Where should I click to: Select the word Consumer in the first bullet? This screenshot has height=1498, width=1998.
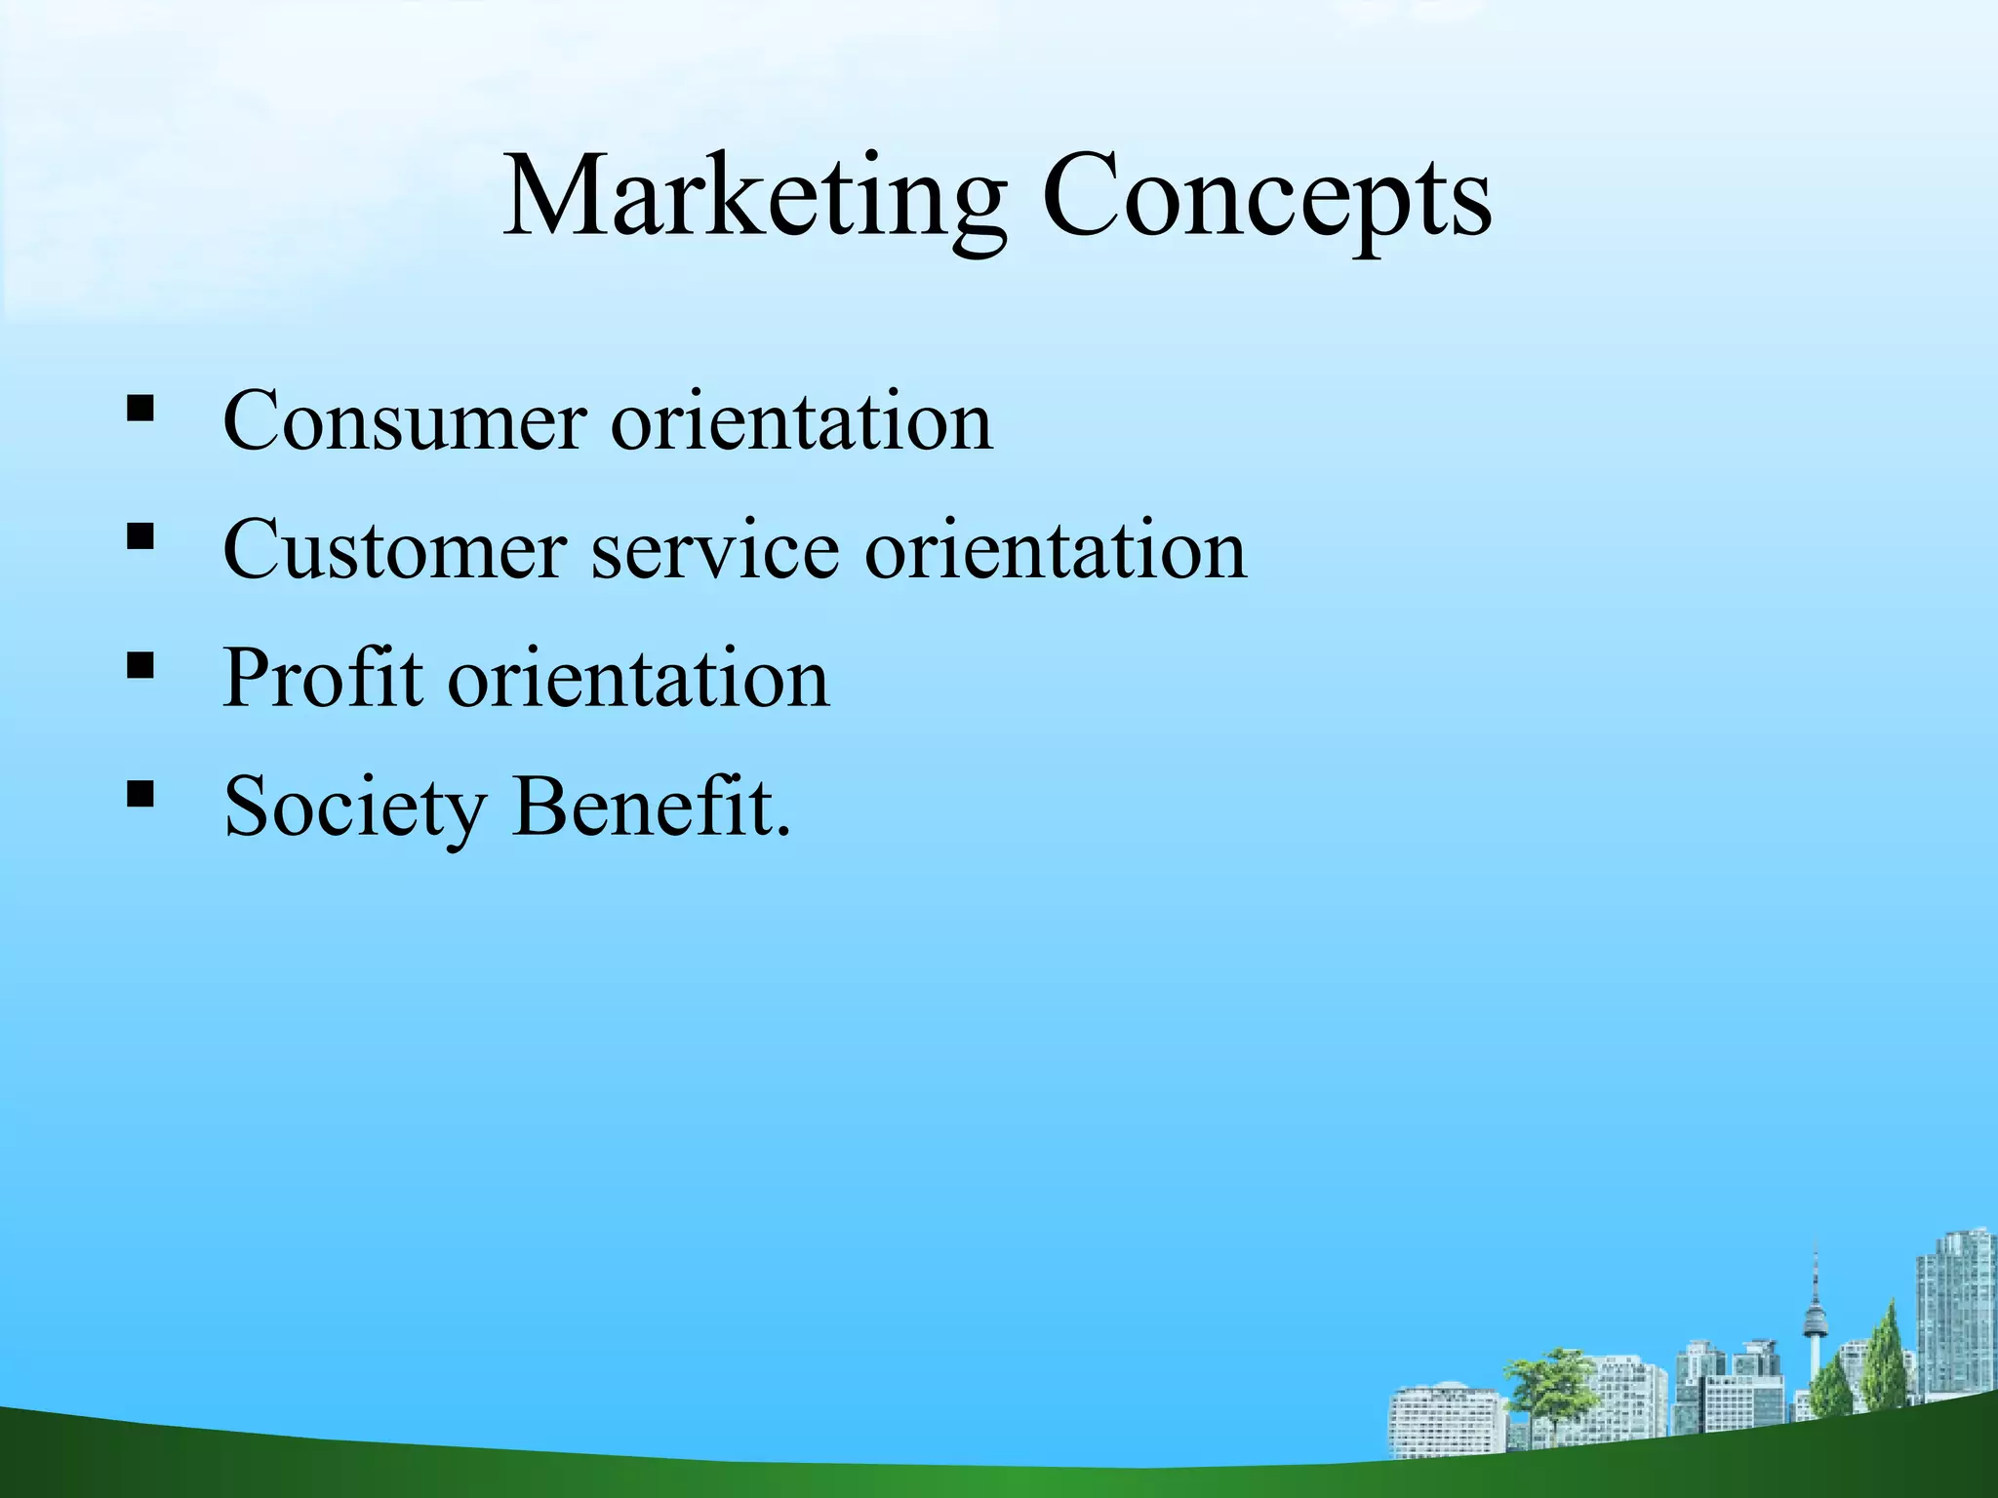(x=404, y=421)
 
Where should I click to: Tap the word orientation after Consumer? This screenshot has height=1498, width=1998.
(x=801, y=421)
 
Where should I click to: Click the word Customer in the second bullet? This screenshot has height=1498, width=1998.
(x=394, y=550)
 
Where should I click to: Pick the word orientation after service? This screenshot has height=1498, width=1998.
(x=1056, y=550)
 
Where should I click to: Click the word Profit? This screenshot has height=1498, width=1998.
(x=322, y=677)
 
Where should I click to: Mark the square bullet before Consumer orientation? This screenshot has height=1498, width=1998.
(x=140, y=407)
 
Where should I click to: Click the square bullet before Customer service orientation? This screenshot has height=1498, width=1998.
(x=140, y=535)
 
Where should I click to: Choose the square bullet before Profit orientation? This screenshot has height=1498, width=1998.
(x=140, y=664)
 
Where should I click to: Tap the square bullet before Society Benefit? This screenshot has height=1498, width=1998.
(x=140, y=793)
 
